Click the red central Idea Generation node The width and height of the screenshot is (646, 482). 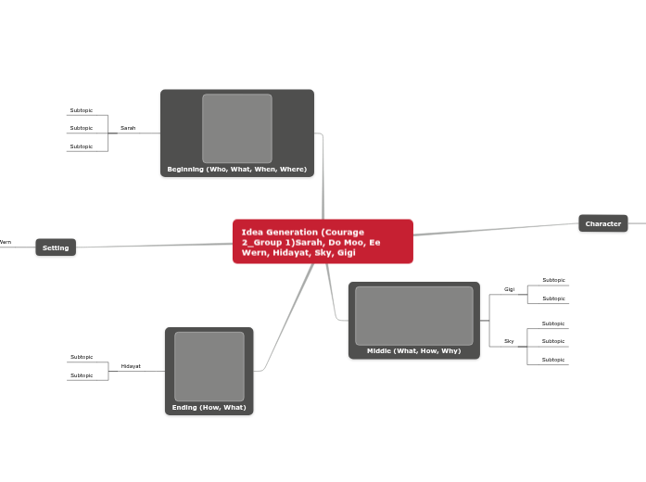[323, 241]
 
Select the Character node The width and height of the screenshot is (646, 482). [603, 223]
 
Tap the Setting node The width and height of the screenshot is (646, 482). [56, 247]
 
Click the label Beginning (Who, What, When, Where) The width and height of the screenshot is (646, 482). [237, 170]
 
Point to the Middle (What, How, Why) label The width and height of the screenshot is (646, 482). [413, 351]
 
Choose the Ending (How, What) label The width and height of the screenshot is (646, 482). [209, 407]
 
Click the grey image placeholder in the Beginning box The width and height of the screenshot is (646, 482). [237, 128]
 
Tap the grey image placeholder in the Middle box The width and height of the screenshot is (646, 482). [413, 315]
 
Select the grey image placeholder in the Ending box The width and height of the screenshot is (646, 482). [209, 366]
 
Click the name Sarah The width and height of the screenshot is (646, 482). [128, 128]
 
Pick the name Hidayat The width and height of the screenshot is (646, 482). [131, 366]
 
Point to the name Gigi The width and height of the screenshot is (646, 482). [509, 289]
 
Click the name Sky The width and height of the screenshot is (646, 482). [509, 341]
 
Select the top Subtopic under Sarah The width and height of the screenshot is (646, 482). [82, 110]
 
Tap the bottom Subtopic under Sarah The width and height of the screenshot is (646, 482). [82, 146]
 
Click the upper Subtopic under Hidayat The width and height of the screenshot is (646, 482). [82, 357]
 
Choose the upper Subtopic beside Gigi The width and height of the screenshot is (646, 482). [553, 280]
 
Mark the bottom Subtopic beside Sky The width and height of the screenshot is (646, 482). [553, 360]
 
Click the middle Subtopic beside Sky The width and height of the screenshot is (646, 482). [553, 341]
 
